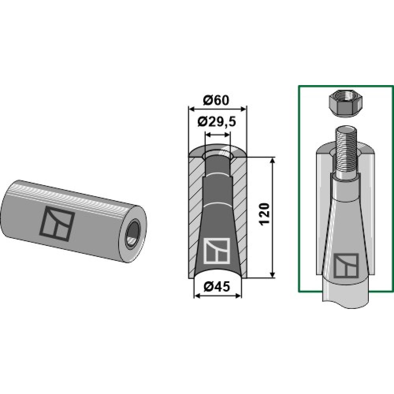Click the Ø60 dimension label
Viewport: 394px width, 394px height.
click(216, 100)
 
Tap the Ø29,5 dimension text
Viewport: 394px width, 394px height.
click(217, 123)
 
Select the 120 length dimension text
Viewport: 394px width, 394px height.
click(265, 214)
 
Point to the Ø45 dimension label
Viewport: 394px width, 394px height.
click(217, 286)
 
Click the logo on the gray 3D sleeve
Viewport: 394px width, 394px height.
click(57, 224)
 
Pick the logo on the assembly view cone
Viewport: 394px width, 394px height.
click(346, 266)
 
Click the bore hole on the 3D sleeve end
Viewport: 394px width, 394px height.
click(133, 232)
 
